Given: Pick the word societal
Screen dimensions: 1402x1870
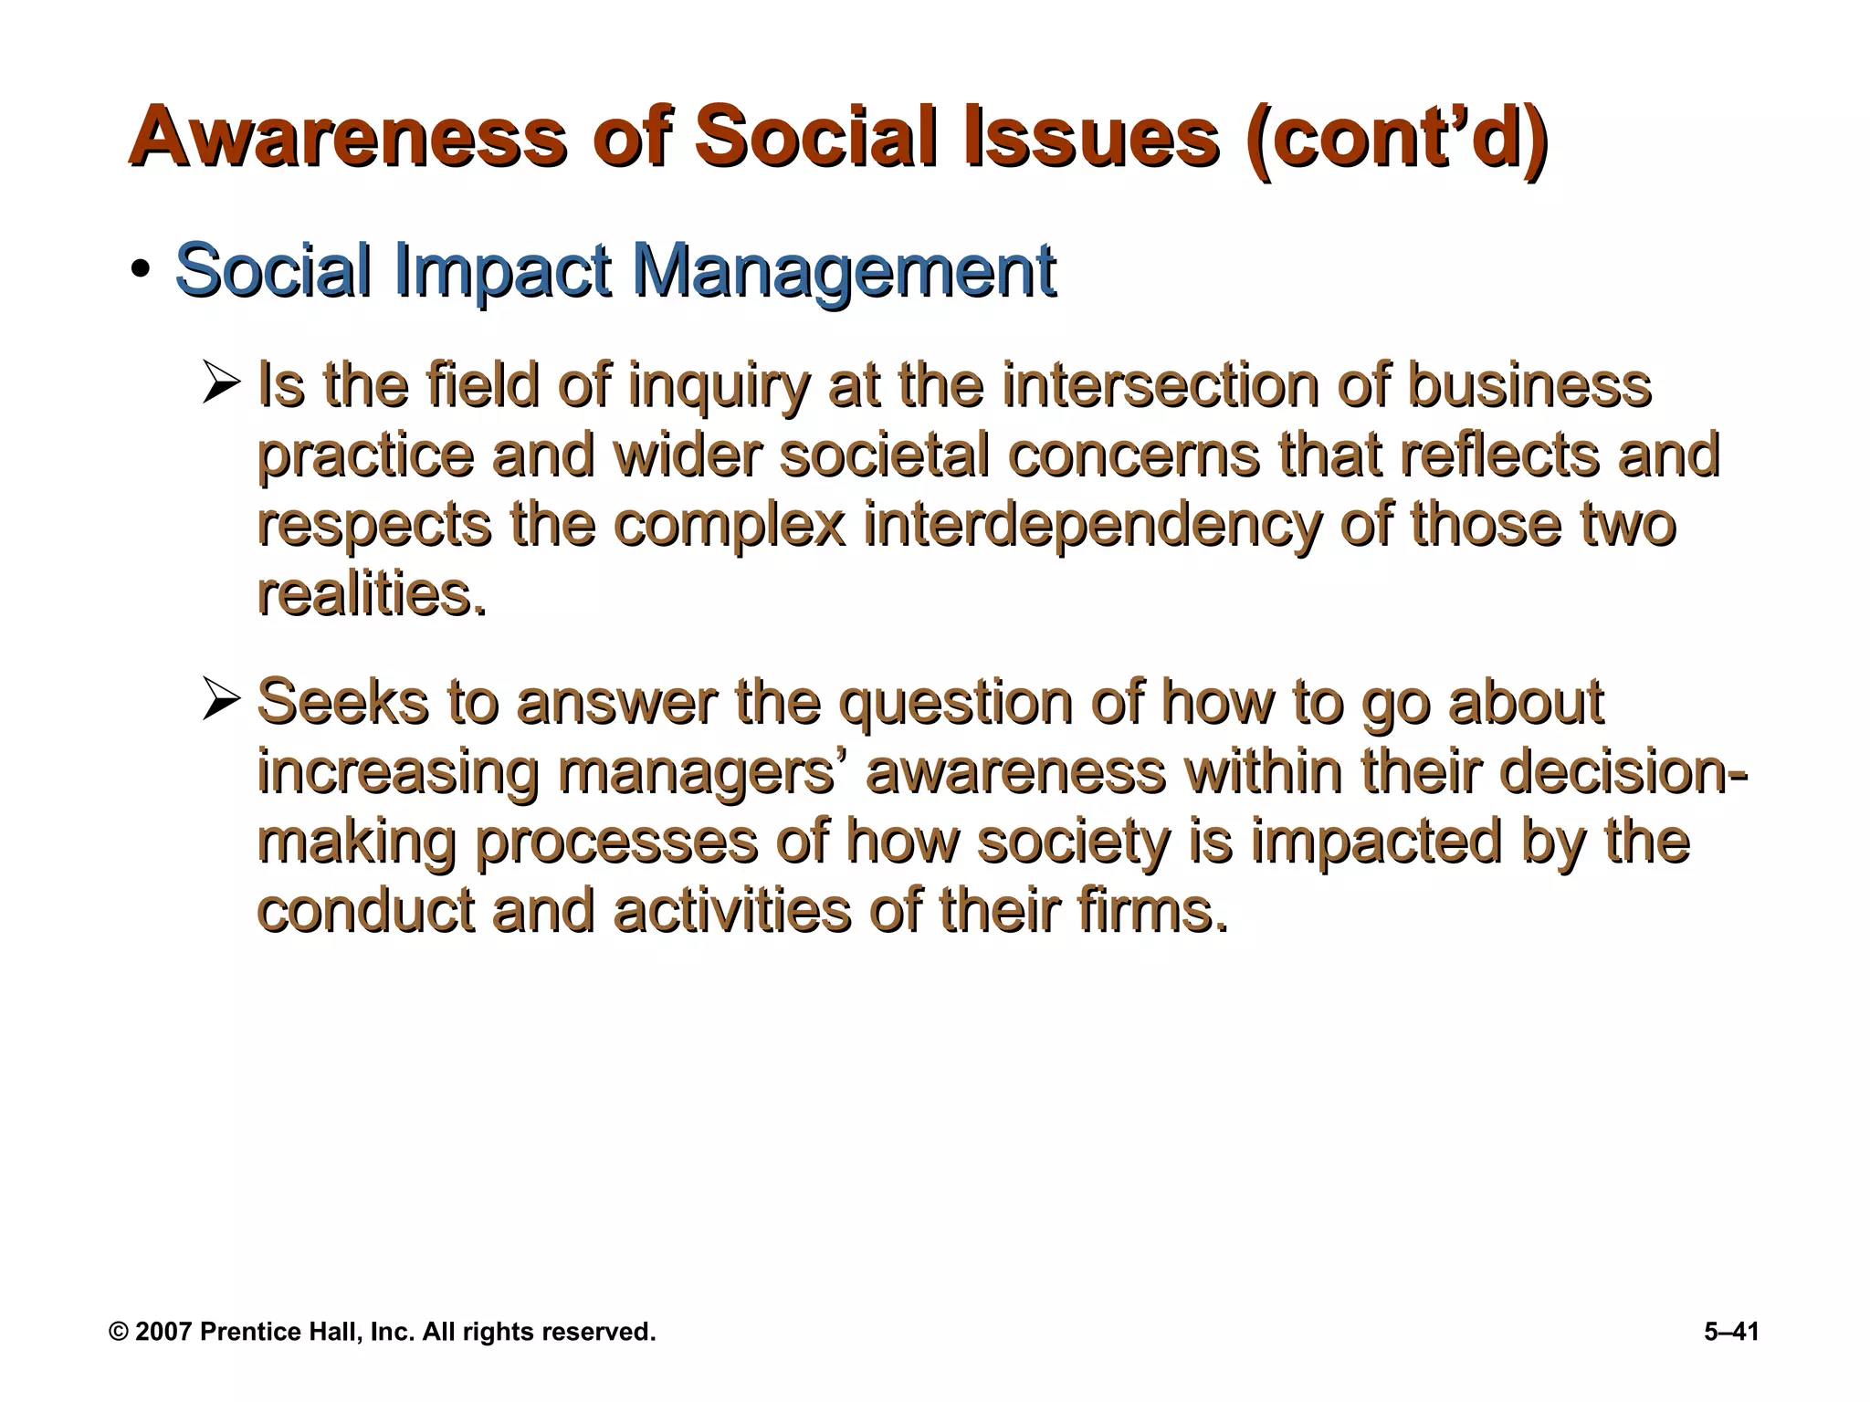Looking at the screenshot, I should [884, 455].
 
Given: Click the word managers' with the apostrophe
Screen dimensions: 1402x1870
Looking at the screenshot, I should [704, 773].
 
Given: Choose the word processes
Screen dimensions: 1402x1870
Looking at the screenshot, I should [616, 842].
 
